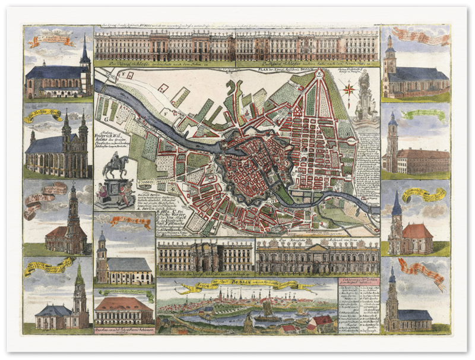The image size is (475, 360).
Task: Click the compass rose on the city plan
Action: [349, 90]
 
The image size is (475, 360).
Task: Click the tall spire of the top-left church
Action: [84, 50]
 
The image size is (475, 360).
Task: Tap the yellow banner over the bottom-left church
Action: [49, 266]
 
